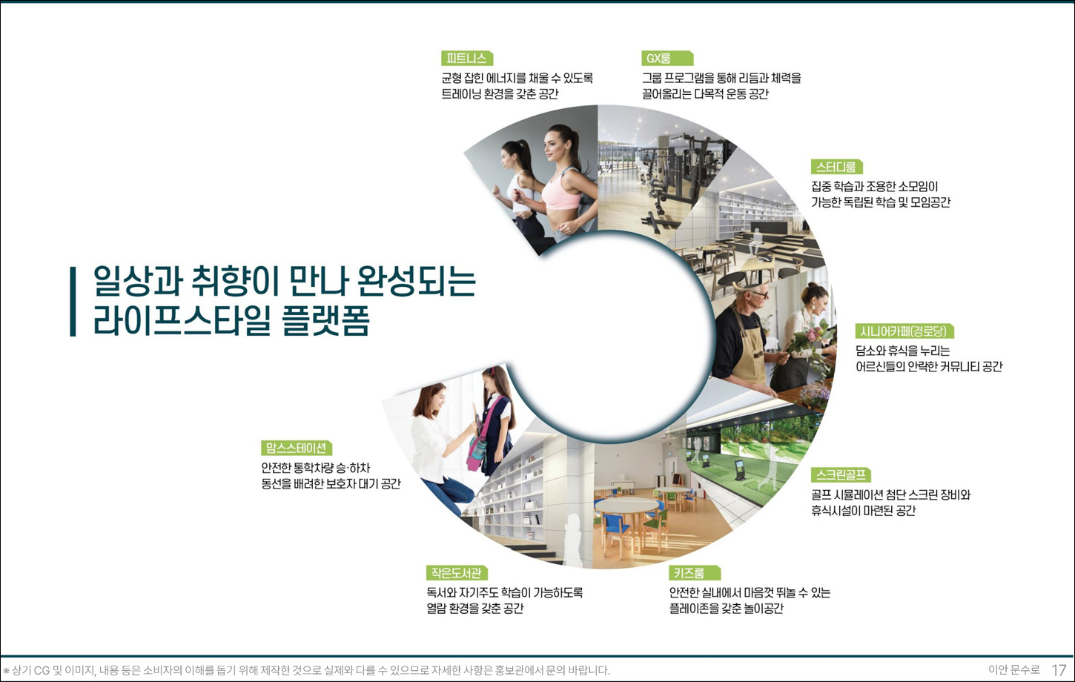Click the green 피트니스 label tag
[466, 59]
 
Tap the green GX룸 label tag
[665, 59]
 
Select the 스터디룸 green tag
[836, 167]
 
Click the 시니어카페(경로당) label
[904, 331]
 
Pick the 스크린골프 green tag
[840, 475]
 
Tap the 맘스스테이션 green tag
[297, 448]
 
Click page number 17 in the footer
[1059, 670]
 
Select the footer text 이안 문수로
[1013, 670]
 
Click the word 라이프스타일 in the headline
[182, 321]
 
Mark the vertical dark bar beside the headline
[73, 302]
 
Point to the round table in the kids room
[626, 506]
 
